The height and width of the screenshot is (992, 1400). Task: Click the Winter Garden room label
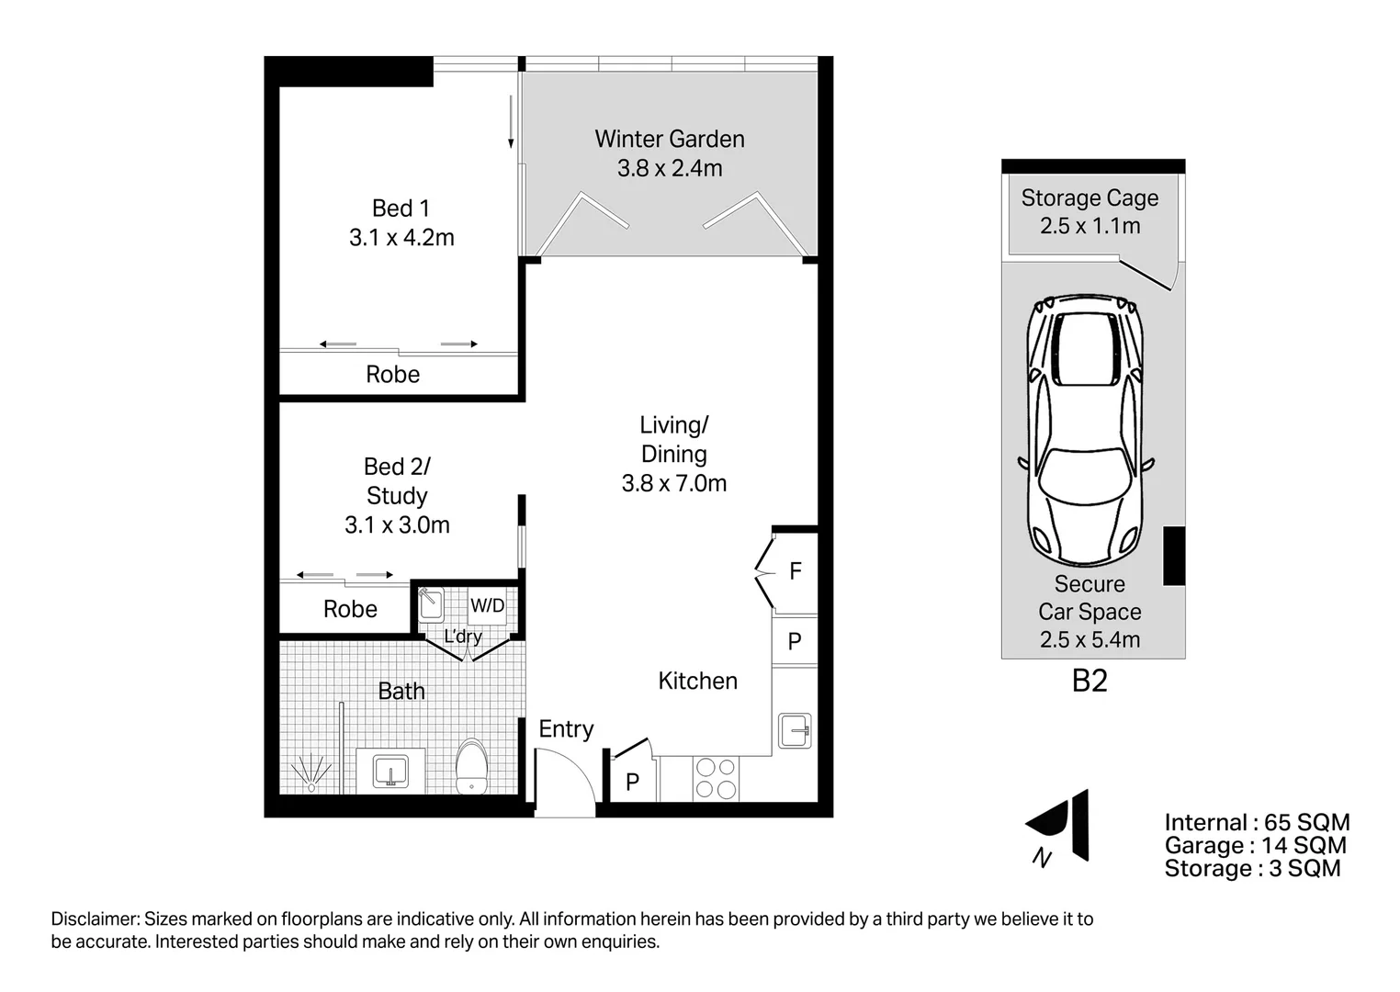[x=669, y=140]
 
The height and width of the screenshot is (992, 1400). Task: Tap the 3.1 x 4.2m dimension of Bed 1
[x=401, y=238]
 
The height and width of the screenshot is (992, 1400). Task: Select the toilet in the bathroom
[x=471, y=764]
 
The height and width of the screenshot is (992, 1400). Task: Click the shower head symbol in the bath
[x=310, y=772]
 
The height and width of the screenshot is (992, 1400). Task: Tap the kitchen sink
[x=794, y=731]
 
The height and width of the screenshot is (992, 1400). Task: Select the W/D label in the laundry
[x=487, y=605]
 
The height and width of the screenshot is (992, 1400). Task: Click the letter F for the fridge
[x=796, y=571]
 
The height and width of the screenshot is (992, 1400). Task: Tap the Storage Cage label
[x=1090, y=198]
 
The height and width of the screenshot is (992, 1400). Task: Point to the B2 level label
[x=1090, y=681]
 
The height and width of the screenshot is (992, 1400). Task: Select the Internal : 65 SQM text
[x=1256, y=823]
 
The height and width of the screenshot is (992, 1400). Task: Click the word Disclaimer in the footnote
[x=94, y=919]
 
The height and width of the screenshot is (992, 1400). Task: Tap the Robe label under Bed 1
[x=392, y=375]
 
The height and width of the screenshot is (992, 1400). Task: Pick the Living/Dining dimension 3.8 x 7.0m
[x=673, y=484]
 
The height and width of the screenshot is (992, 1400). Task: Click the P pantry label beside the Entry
[x=632, y=782]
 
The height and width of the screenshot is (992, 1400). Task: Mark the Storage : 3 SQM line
[x=1252, y=869]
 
